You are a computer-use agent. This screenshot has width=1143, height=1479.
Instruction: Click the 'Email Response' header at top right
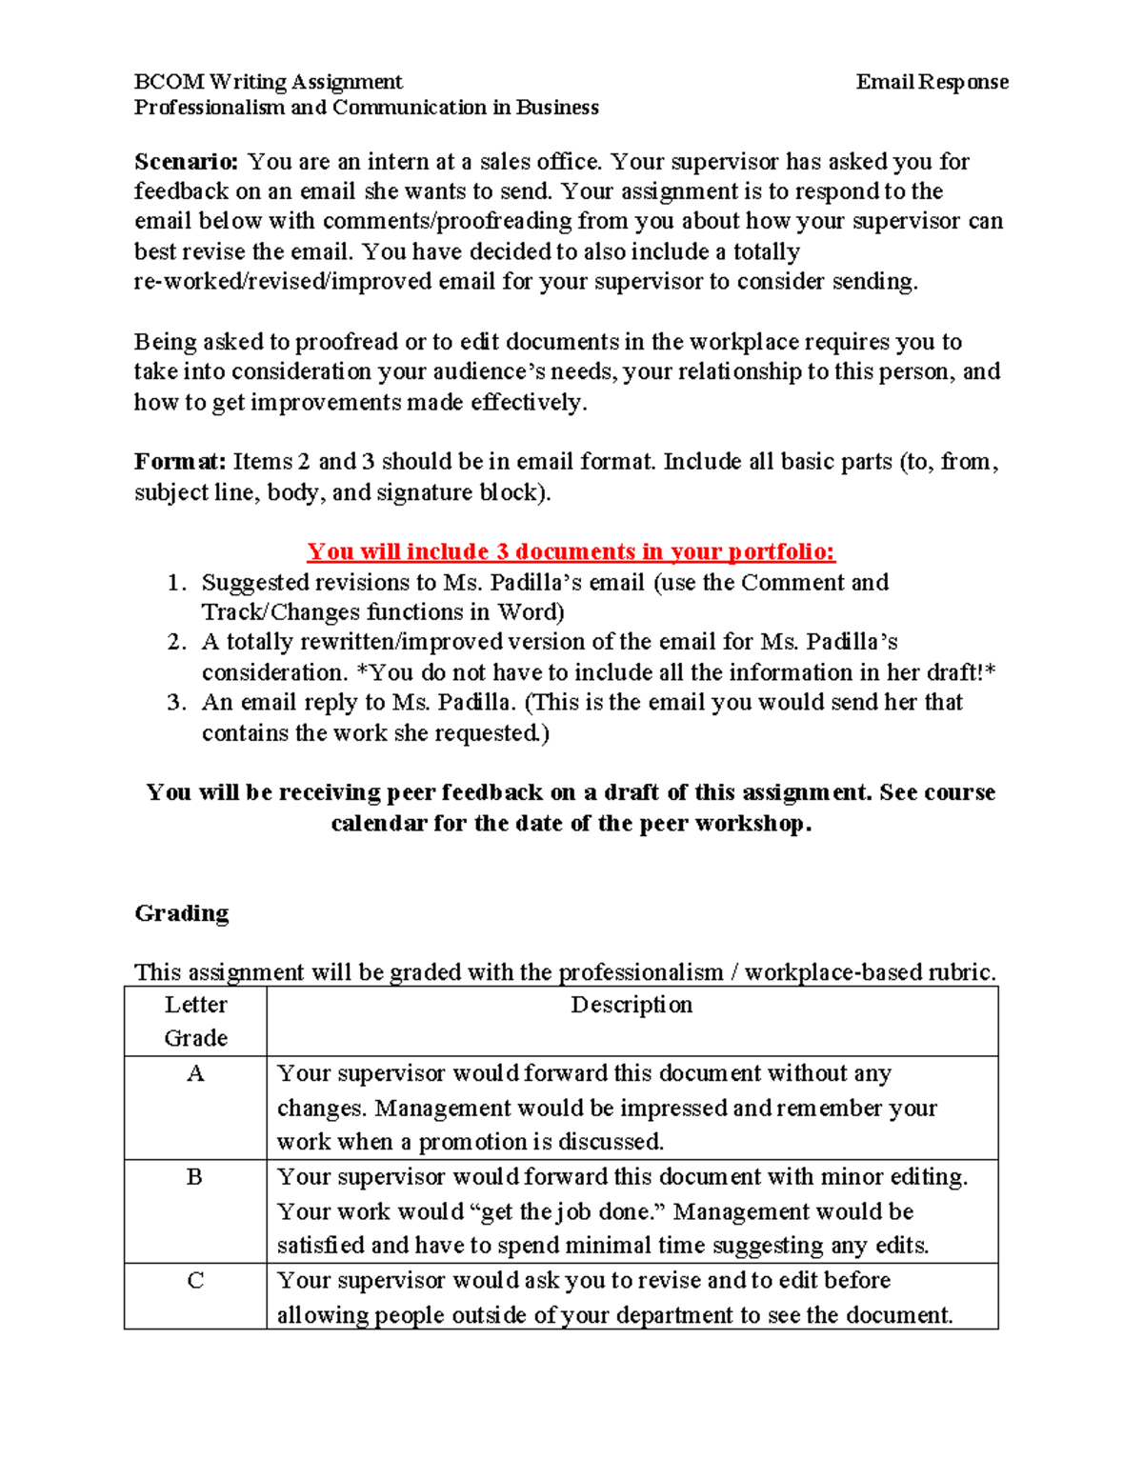pyautogui.click(x=932, y=82)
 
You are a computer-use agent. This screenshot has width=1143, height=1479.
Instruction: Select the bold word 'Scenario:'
pyautogui.click(x=186, y=162)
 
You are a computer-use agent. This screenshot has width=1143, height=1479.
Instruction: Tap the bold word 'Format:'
pyautogui.click(x=180, y=462)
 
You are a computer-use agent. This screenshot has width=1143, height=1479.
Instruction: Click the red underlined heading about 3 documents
pyautogui.click(x=571, y=551)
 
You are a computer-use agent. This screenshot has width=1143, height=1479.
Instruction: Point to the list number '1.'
pyautogui.click(x=175, y=583)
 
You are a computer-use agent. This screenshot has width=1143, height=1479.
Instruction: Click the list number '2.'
pyautogui.click(x=175, y=643)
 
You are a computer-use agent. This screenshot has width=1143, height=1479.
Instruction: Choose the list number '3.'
pyautogui.click(x=175, y=703)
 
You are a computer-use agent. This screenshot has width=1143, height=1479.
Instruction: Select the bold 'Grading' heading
pyautogui.click(x=182, y=913)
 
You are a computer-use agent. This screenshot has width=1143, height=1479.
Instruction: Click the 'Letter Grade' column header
pyautogui.click(x=195, y=1021)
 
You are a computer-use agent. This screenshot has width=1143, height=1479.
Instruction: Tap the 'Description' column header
pyautogui.click(x=632, y=1005)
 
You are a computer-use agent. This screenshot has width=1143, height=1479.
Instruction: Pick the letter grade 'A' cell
pyautogui.click(x=195, y=1074)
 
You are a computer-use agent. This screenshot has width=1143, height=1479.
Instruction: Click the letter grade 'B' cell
pyautogui.click(x=194, y=1177)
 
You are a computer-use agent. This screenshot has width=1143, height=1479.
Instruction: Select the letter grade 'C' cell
pyautogui.click(x=195, y=1281)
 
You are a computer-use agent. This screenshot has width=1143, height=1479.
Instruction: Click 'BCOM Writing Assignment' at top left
pyautogui.click(x=268, y=82)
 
